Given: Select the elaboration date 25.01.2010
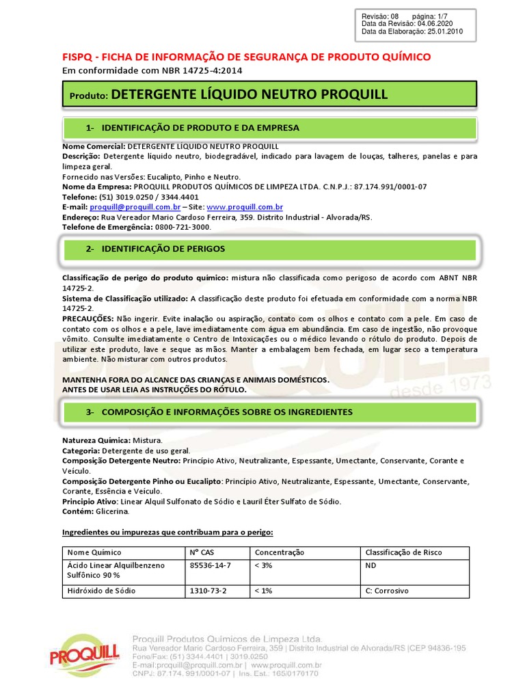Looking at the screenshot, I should [445, 31].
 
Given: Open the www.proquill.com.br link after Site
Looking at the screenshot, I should [245, 206].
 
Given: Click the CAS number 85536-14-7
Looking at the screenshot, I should [210, 565].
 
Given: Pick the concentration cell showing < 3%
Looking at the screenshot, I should [264, 565].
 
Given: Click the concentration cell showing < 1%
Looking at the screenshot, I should [264, 590].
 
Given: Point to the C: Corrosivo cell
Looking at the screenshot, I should [387, 590].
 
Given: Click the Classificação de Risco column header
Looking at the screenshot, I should [403, 552].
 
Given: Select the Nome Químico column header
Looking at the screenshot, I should [94, 552].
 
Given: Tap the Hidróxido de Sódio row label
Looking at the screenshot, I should [101, 590].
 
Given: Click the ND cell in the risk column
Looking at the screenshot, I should [371, 565].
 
